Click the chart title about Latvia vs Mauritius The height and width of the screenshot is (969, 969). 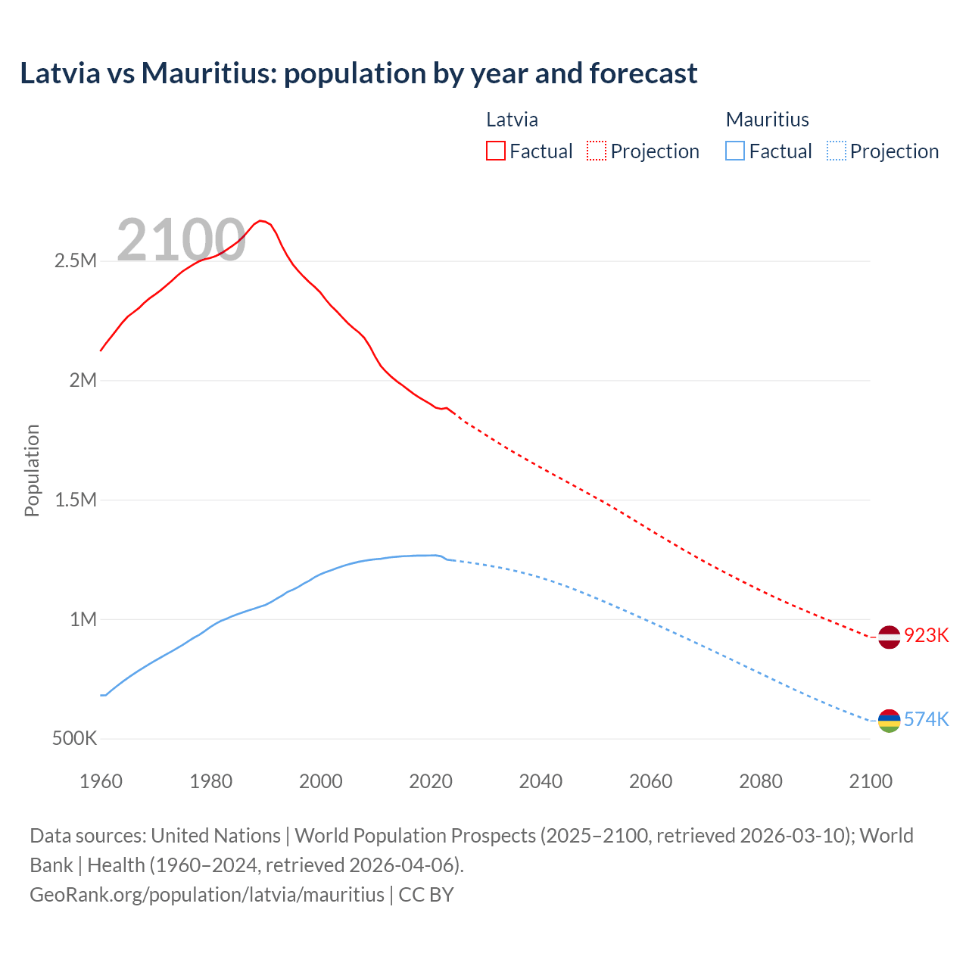pyautogui.click(x=358, y=73)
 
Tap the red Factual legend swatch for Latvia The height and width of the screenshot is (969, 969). pyautogui.click(x=495, y=151)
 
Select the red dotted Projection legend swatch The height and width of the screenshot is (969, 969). pyautogui.click(x=597, y=151)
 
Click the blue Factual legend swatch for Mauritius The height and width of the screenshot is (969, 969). pyautogui.click(x=734, y=151)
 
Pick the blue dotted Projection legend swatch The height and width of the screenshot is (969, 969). pyautogui.click(x=836, y=151)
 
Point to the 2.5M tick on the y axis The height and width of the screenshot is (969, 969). pyautogui.click(x=76, y=261)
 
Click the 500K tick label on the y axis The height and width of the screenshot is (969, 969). pyautogui.click(x=74, y=738)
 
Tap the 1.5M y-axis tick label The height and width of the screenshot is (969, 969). pyautogui.click(x=76, y=500)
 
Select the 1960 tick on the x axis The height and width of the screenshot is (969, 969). pyautogui.click(x=101, y=781)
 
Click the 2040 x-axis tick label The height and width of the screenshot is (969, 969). pyautogui.click(x=541, y=781)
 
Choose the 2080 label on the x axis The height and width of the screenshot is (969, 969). pyautogui.click(x=760, y=781)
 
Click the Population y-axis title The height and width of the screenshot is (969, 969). pyautogui.click(x=32, y=470)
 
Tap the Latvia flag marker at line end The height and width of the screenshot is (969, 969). pyautogui.click(x=889, y=637)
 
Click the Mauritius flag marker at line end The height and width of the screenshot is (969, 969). pyautogui.click(x=889, y=721)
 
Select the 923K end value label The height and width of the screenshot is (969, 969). pyautogui.click(x=927, y=635)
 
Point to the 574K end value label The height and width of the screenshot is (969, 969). pyautogui.click(x=927, y=719)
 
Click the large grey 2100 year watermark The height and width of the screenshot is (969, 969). pyautogui.click(x=181, y=240)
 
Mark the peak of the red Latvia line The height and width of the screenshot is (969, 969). pyautogui.click(x=260, y=221)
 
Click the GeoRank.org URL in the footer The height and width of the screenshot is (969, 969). pyautogui.click(x=207, y=894)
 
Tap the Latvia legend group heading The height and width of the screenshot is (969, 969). pyautogui.click(x=512, y=120)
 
